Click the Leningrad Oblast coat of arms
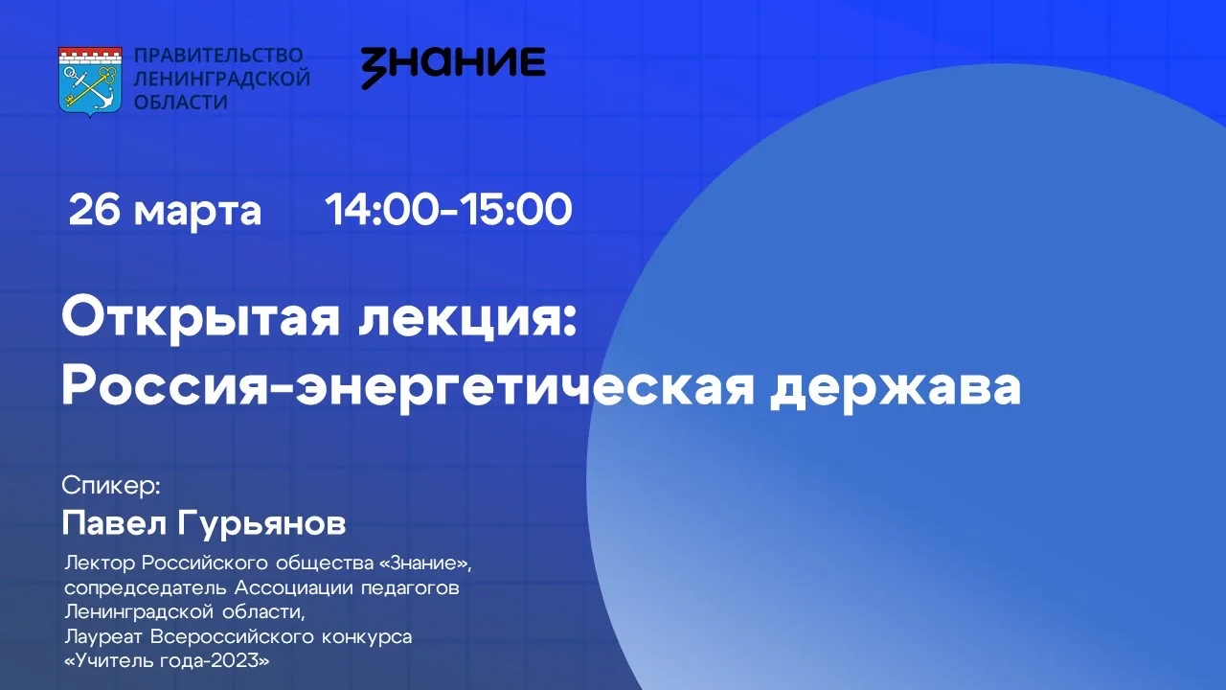[x=90, y=82]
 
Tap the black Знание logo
[x=453, y=67]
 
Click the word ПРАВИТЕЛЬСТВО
[x=218, y=56]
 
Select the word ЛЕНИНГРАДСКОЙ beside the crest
[x=222, y=79]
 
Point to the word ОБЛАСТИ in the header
[x=181, y=103]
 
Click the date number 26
[x=94, y=209]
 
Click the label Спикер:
[x=110, y=486]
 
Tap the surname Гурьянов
[x=261, y=524]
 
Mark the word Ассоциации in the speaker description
[x=293, y=588]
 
